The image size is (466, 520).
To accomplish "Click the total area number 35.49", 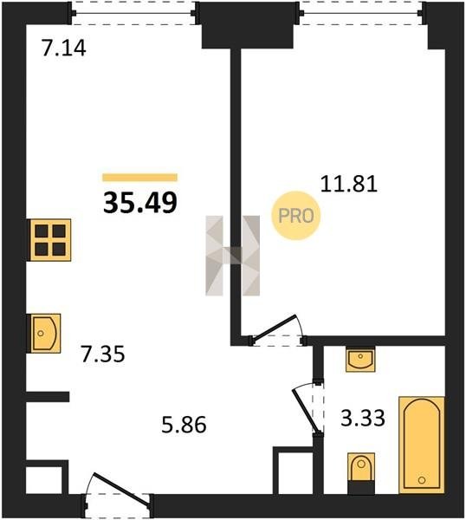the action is [x=140, y=203].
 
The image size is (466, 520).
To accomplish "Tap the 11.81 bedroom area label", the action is [x=349, y=185].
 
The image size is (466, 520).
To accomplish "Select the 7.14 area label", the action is [x=64, y=48].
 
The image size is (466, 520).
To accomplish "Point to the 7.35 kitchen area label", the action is [x=103, y=354].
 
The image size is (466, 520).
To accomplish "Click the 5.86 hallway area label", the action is [x=184, y=425].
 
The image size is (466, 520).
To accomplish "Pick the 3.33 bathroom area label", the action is [x=363, y=418].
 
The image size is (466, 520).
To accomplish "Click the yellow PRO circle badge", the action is [x=296, y=216].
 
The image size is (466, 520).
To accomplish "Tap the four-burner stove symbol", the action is [x=50, y=240].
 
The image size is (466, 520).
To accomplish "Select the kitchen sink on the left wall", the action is [x=45, y=333].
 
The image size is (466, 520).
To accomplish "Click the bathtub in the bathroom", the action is [x=421, y=445].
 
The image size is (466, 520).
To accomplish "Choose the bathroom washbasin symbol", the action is [x=360, y=359].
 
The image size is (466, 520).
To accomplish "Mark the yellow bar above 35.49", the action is [x=139, y=178].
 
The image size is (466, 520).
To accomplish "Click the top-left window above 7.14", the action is [x=133, y=13].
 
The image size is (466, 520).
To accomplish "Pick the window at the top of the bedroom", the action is [x=361, y=13].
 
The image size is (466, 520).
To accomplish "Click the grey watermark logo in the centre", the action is [x=233, y=256].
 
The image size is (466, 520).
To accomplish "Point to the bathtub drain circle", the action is [x=422, y=480].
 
